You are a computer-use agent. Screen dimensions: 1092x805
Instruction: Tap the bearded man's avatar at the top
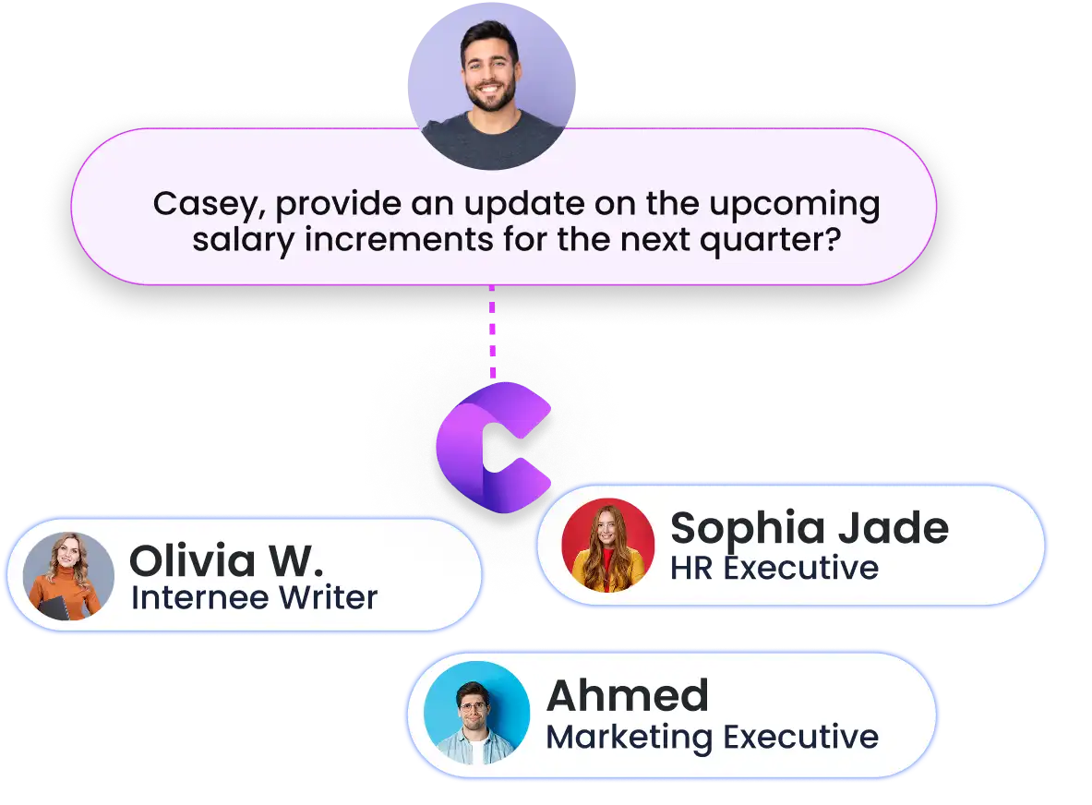pyautogui.click(x=492, y=87)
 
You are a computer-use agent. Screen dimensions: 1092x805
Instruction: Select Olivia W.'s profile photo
pyautogui.click(x=68, y=576)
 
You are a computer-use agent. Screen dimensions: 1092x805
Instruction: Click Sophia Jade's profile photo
pyautogui.click(x=608, y=546)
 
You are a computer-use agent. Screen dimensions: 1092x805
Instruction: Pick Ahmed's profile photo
pyautogui.click(x=476, y=713)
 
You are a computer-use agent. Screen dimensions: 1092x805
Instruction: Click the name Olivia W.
pyautogui.click(x=227, y=560)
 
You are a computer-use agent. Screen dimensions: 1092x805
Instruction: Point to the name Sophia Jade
pyautogui.click(x=810, y=529)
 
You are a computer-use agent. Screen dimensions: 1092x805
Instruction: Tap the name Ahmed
pyautogui.click(x=628, y=696)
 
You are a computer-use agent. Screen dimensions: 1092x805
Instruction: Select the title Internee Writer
pyautogui.click(x=254, y=598)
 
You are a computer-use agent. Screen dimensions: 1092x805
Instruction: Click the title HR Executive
pyautogui.click(x=774, y=569)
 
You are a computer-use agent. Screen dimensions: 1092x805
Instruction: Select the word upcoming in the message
pyautogui.click(x=795, y=206)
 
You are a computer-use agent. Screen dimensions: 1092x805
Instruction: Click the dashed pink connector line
pyautogui.click(x=492, y=331)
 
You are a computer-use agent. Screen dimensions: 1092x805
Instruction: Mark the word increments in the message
pyautogui.click(x=399, y=240)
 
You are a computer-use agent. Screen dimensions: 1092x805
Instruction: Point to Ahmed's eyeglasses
pyautogui.click(x=473, y=707)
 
